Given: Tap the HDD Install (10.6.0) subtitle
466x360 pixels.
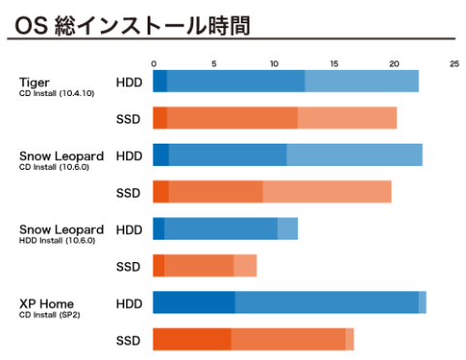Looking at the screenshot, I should point(57,241).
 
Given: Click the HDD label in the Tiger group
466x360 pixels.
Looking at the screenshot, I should point(129,82).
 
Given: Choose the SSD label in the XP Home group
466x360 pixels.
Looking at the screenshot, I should point(129,341).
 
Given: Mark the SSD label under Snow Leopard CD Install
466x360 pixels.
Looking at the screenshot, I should point(129,193).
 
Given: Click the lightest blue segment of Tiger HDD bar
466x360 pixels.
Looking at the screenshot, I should point(361,82).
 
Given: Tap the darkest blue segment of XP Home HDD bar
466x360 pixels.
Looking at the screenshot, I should point(193,303).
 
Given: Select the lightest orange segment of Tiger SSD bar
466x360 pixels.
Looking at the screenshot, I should point(347,118).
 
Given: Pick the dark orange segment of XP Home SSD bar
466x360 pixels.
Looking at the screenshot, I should point(191,340).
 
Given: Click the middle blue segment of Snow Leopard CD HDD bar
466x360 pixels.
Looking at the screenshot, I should point(227,155).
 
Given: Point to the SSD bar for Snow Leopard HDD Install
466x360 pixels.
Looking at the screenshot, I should point(205,266).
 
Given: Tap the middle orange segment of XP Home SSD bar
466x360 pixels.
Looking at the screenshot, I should point(287,340).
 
